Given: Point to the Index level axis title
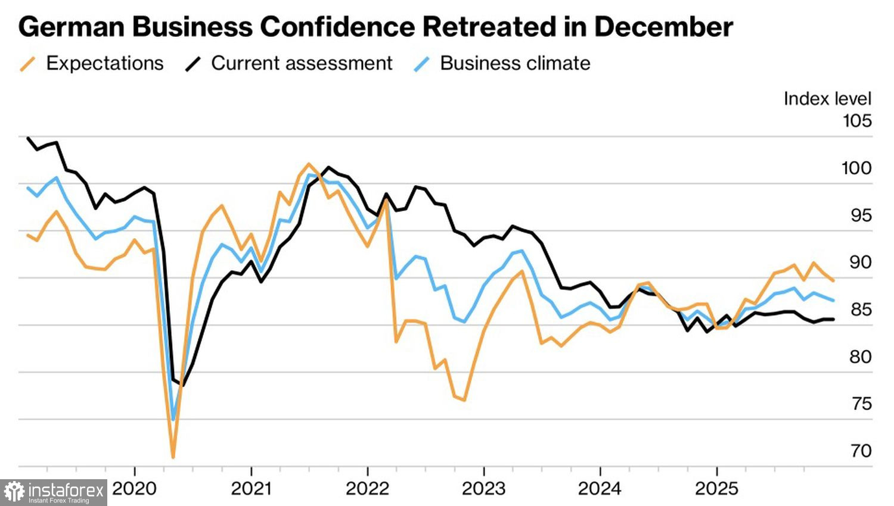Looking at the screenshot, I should [827, 99].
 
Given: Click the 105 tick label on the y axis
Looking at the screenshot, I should [857, 121].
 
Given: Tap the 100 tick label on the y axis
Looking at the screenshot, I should [856, 168].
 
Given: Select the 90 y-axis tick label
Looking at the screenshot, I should [860, 262].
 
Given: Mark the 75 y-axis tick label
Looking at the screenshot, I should [861, 404].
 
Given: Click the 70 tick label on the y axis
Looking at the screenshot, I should [861, 451].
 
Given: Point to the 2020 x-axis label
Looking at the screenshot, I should [135, 489].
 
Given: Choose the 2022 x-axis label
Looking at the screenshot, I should [367, 489].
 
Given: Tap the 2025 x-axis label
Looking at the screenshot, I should [716, 489].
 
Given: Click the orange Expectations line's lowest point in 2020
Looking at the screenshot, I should [173, 457].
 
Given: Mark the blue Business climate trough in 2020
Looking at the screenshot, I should [173, 420].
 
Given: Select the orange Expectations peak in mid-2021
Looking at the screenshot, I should [308, 164].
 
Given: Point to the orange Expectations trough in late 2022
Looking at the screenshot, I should [464, 400].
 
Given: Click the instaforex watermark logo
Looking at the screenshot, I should [54, 492].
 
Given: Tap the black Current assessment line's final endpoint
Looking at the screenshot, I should [833, 319].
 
